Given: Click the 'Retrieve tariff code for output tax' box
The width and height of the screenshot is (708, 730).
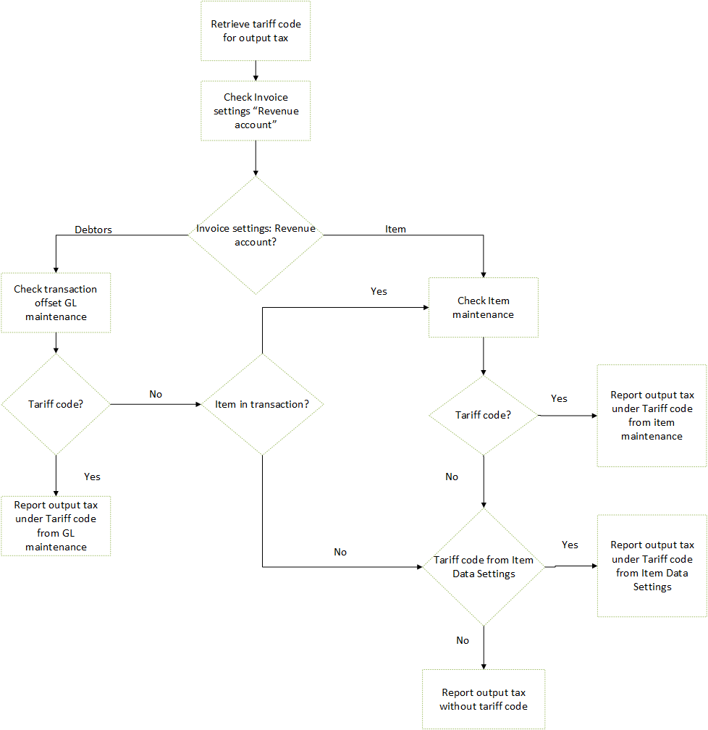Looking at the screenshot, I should (256, 30).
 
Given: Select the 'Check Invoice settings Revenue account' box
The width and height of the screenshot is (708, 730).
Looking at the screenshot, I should (256, 111).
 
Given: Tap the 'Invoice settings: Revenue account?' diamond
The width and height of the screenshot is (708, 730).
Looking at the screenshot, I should (256, 235).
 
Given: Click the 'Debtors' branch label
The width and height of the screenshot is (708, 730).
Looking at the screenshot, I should (93, 230).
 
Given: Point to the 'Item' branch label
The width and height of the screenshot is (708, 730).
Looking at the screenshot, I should (395, 229).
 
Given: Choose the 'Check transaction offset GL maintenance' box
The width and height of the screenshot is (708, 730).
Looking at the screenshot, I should (56, 303).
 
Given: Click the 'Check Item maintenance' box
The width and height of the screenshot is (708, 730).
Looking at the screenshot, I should (483, 307).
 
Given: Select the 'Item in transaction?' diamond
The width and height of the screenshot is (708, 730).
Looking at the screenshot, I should (261, 404).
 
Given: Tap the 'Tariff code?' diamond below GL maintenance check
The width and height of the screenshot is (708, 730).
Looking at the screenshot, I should (56, 404).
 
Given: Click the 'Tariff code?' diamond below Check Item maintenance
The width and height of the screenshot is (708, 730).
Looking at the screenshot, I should (483, 415).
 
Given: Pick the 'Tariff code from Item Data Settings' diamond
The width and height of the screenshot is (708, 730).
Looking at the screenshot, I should (483, 567).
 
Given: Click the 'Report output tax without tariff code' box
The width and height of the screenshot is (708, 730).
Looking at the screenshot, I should (483, 699).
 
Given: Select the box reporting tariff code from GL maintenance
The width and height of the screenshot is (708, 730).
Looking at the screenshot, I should (56, 526).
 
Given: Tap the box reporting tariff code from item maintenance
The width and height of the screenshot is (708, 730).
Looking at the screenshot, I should (652, 416).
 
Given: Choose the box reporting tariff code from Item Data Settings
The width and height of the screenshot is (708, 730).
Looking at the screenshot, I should (652, 566).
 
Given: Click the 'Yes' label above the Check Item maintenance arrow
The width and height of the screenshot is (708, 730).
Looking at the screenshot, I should (379, 291).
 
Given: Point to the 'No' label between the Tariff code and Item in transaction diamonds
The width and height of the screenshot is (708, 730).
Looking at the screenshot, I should (156, 394).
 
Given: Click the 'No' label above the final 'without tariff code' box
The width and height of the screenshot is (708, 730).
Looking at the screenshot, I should (463, 640).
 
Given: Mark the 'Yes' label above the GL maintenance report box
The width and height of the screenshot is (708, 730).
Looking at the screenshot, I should (92, 477).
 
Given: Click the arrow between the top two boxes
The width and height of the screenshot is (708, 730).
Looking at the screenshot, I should (256, 70).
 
